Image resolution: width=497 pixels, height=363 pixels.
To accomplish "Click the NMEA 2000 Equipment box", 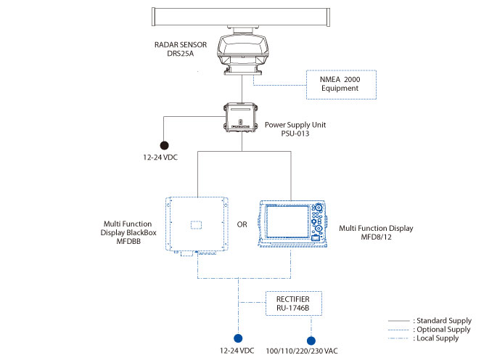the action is [x=341, y=85].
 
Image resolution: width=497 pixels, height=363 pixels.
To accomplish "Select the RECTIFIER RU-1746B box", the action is [x=294, y=303].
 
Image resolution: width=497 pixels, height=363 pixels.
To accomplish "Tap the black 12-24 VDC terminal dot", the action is [x=164, y=145].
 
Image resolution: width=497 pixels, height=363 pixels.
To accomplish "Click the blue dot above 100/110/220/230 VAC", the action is [x=311, y=340].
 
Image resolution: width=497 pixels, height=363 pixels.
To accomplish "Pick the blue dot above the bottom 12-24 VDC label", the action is [x=238, y=338].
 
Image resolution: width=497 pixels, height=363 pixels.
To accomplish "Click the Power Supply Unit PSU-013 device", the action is [x=241, y=117].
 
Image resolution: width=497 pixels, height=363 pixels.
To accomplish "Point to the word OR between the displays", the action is [x=242, y=224].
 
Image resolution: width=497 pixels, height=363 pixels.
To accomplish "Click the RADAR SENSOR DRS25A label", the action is [x=181, y=49].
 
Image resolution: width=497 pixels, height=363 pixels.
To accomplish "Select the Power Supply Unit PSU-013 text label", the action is [x=295, y=129].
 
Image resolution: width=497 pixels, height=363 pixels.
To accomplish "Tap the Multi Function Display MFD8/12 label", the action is [x=376, y=232].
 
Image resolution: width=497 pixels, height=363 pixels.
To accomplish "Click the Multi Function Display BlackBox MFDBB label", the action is [x=128, y=232].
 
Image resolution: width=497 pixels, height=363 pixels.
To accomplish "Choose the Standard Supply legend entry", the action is [x=430, y=320].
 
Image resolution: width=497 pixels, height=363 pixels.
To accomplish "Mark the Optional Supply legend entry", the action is [x=430, y=330].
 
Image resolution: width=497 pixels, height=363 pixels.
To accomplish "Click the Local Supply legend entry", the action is [x=424, y=338].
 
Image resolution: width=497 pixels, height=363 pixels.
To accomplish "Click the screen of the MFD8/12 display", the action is [x=287, y=221].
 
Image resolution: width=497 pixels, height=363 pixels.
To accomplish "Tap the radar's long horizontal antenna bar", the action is [x=241, y=17].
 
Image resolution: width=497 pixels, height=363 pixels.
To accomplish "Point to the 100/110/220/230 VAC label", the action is [x=302, y=351].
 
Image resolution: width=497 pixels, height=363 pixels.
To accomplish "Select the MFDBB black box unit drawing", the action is [x=197, y=227].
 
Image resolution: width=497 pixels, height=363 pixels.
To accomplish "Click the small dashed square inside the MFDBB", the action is [x=196, y=225].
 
